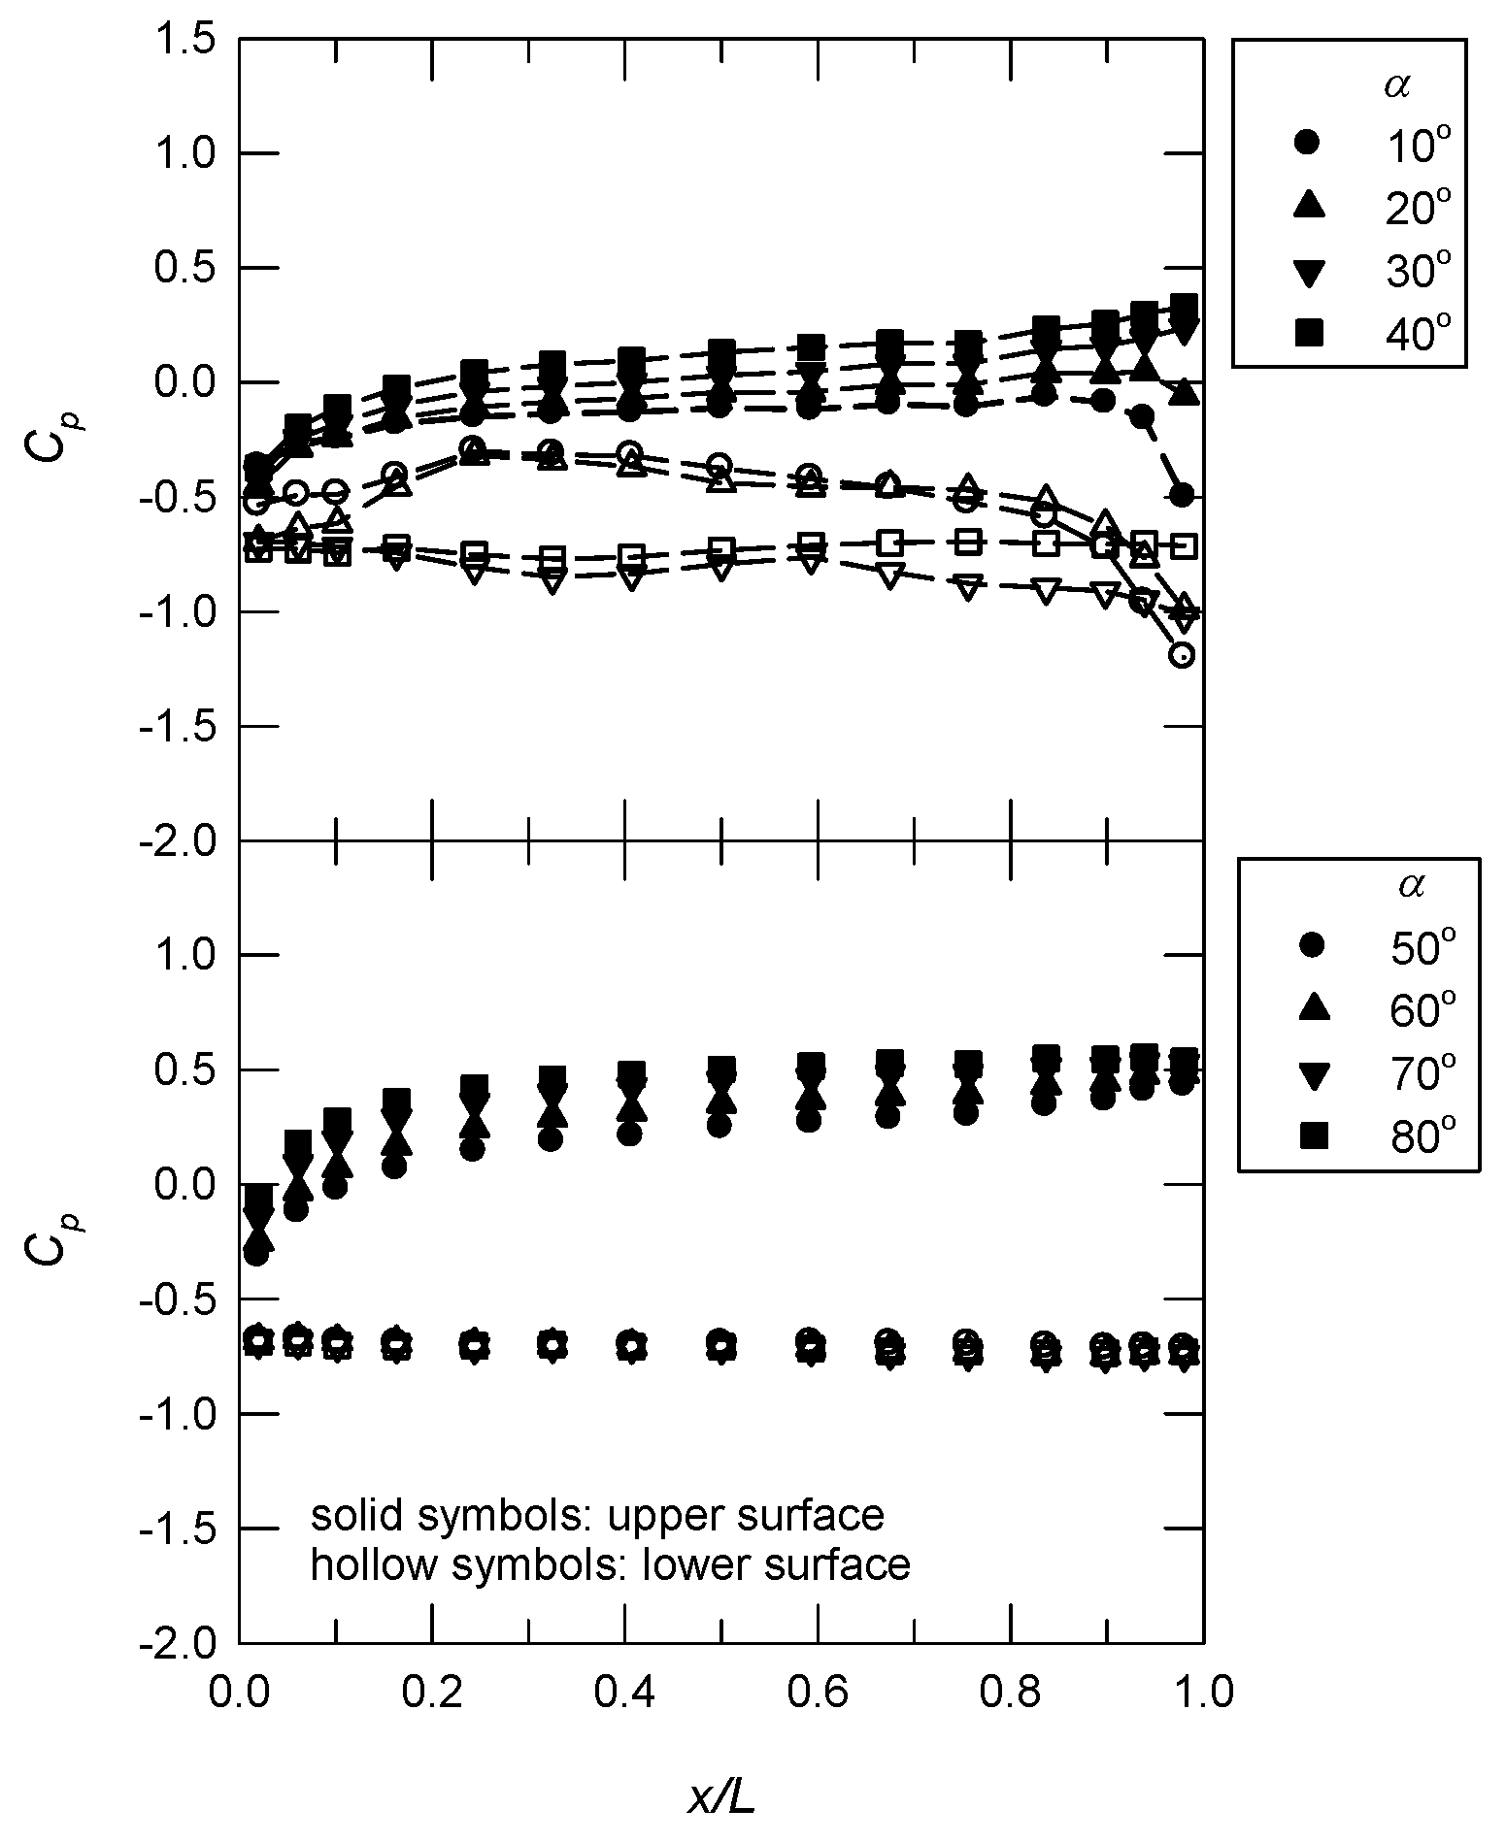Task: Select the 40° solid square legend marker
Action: [x=1310, y=334]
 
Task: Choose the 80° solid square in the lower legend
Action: [x=1313, y=1135]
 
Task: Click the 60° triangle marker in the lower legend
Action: [x=1313, y=1008]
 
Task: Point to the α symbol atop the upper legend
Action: [x=1396, y=86]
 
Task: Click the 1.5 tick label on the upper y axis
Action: [x=185, y=40]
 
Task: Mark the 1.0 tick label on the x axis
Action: [x=1203, y=1692]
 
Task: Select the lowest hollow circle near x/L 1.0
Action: [x=1182, y=655]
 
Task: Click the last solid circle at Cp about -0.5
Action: [x=1182, y=495]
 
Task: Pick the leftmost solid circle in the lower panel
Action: [x=256, y=1253]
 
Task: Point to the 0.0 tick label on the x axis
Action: [x=240, y=1692]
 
